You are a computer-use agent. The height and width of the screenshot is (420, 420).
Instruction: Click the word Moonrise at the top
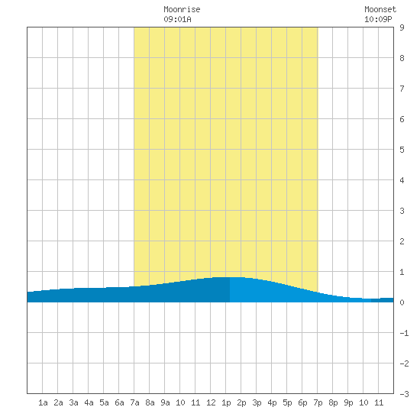182,9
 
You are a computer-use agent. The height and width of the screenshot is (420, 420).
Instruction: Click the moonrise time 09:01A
177,19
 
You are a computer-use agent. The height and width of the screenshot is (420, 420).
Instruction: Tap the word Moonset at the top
380,9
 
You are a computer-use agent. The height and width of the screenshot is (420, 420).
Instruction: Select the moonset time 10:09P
378,19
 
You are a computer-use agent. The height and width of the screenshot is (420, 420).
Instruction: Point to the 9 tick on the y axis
402,27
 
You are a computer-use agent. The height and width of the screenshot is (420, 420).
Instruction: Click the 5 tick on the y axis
402,150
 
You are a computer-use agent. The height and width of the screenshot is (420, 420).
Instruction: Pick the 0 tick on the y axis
402,302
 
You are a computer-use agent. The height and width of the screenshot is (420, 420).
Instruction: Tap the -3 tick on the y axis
404,394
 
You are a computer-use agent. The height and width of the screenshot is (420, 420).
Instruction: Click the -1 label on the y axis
404,333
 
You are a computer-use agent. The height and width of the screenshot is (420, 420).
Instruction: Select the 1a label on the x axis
43,402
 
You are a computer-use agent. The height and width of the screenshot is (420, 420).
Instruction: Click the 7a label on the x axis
134,402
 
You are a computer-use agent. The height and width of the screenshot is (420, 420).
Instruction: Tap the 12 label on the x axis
211,402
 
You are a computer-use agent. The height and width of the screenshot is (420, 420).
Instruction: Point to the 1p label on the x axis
226,402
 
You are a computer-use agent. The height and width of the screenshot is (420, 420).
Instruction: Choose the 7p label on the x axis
318,402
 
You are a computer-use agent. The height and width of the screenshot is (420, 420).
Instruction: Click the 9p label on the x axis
348,402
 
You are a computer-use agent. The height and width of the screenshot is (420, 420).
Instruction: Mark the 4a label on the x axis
89,402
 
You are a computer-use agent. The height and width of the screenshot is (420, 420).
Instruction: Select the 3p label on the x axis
257,402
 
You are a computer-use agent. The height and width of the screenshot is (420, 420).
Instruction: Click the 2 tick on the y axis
402,241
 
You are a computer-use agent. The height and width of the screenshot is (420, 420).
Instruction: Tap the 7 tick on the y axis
402,89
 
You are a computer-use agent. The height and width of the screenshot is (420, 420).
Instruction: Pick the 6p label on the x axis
302,402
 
